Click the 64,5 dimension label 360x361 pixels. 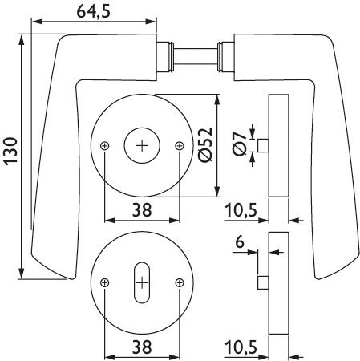pyautogui.click(x=93, y=12)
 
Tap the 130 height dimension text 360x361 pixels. pyautogui.click(x=10, y=150)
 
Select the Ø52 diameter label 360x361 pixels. pyautogui.click(x=206, y=144)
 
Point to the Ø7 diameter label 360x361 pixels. pyautogui.click(x=240, y=144)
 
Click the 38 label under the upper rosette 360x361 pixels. pyautogui.click(x=142, y=210)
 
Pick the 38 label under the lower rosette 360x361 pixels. pyautogui.click(x=142, y=347)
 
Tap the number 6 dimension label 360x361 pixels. pyautogui.click(x=240, y=242)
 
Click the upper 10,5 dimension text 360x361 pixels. pyautogui.click(x=241, y=210)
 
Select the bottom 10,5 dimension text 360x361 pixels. pyautogui.click(x=241, y=347)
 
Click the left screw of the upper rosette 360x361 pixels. pyautogui.click(x=105, y=146)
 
